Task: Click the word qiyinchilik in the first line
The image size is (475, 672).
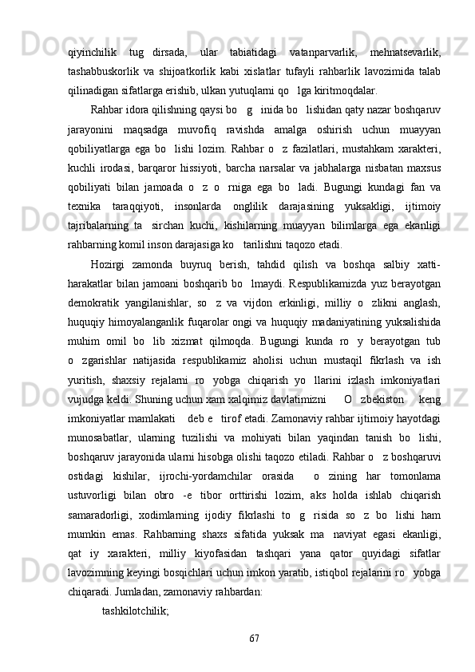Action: [93, 52]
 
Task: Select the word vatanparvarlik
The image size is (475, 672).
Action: [323, 52]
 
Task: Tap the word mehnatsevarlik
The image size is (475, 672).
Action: [406, 52]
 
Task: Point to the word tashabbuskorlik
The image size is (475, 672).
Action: [105, 70]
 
